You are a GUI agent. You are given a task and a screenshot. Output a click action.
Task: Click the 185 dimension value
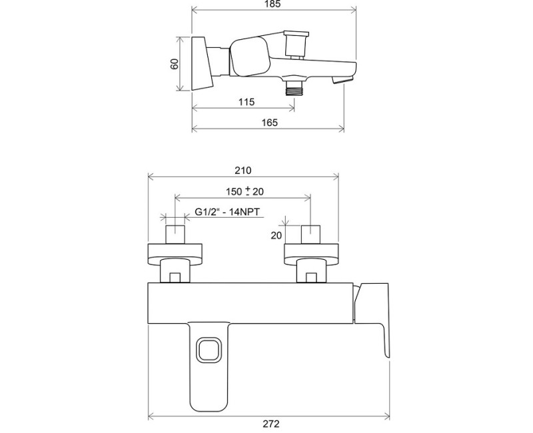point(274,4)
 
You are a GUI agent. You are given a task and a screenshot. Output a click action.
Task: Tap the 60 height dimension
point(174,63)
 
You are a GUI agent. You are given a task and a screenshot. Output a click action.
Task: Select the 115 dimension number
point(247,102)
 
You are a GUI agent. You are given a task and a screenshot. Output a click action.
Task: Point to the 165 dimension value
point(270,123)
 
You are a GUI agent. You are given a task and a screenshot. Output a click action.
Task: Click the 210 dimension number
point(243,171)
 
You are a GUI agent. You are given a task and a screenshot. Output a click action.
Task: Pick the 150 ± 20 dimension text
point(245,191)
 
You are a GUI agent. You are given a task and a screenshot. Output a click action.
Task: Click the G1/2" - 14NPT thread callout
point(227,212)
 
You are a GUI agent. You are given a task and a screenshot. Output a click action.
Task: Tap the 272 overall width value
point(271,424)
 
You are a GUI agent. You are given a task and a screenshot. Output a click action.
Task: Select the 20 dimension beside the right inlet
point(276,235)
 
